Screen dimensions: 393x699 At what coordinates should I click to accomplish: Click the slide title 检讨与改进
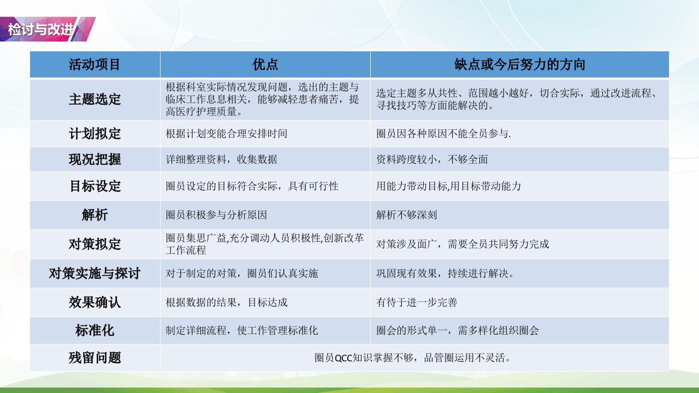click(42, 29)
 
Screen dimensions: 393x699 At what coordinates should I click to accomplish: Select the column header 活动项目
click(94, 64)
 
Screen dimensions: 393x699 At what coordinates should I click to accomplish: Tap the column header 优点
click(265, 64)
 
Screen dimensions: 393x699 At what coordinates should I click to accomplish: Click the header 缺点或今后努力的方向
click(519, 64)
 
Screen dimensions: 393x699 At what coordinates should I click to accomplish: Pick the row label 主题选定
click(94, 99)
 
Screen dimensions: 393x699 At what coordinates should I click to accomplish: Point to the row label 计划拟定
click(94, 134)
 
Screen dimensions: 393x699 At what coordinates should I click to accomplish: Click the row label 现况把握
click(94, 159)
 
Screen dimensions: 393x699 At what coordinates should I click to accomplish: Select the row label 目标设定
click(94, 186)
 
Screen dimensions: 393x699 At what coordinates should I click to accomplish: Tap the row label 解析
click(94, 215)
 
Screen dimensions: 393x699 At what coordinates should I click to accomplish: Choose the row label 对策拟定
click(94, 244)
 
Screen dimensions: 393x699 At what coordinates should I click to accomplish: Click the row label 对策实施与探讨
click(94, 273)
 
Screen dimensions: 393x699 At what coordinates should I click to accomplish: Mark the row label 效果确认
click(94, 302)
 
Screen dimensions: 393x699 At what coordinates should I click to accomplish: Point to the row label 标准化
click(94, 331)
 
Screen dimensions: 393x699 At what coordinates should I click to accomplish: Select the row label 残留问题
click(94, 358)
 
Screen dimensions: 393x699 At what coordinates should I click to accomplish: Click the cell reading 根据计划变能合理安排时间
click(226, 134)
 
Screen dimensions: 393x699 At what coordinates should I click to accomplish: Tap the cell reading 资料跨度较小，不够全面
click(432, 159)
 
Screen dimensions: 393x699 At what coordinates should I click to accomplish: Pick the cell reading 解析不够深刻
click(406, 215)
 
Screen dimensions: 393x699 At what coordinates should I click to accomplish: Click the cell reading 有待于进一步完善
click(417, 302)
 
